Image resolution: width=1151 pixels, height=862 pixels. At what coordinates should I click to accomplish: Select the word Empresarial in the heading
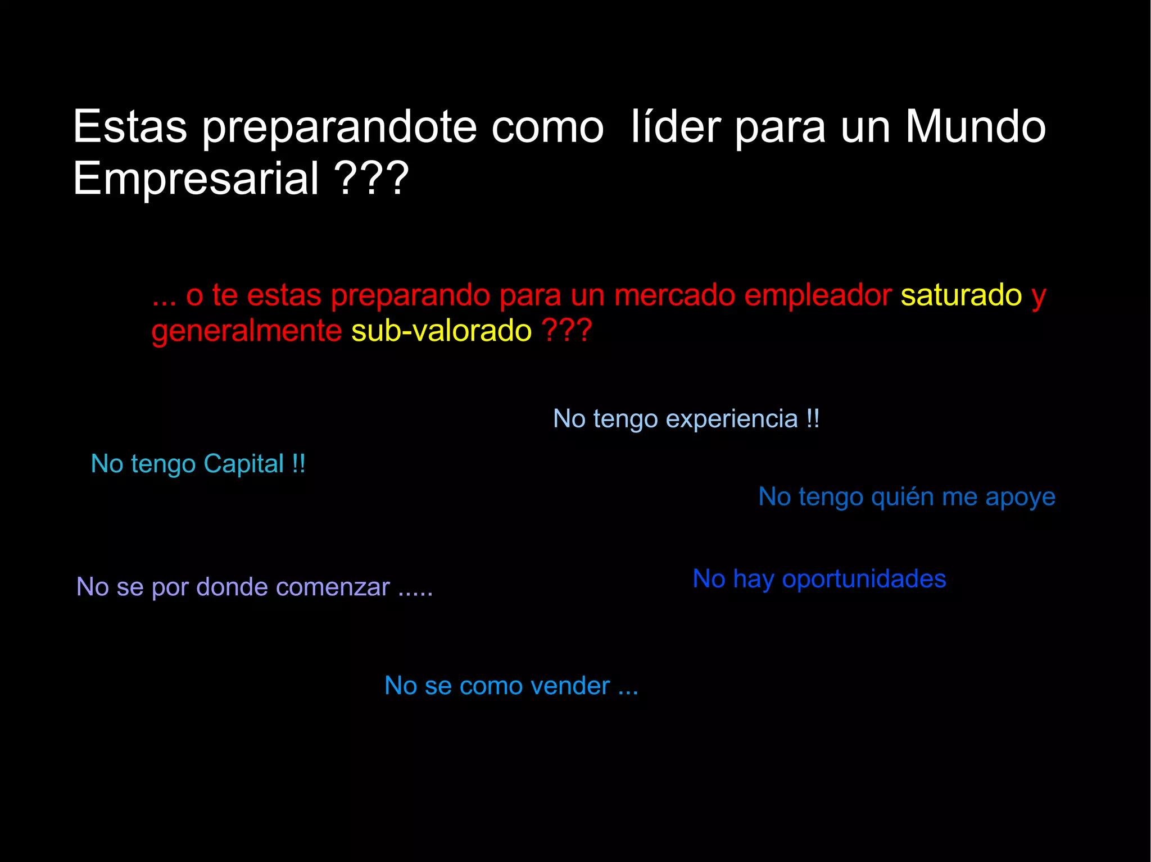click(x=196, y=178)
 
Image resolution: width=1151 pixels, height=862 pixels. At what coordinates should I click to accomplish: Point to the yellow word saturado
click(x=961, y=295)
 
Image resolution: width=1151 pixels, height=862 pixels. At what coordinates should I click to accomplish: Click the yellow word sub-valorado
click(x=441, y=330)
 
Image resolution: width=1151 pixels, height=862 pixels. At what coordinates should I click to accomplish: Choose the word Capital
click(x=243, y=464)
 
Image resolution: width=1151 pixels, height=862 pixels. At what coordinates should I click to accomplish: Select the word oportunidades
click(x=864, y=579)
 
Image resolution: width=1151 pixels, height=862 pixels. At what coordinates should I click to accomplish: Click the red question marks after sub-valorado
click(x=567, y=330)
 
